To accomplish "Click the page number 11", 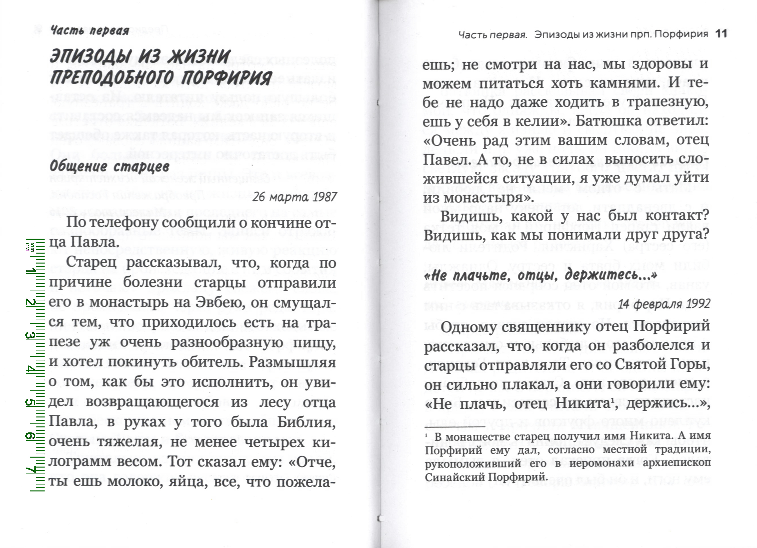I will click(x=722, y=34).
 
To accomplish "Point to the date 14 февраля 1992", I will click(x=664, y=304).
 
